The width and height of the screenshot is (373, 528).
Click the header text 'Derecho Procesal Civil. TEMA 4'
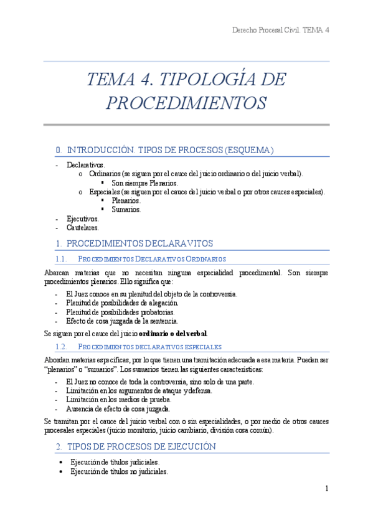coord(280,30)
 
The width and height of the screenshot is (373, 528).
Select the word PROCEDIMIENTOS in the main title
coord(186,103)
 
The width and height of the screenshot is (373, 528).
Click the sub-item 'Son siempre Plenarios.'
coord(144,183)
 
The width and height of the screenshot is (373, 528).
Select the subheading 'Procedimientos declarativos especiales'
coord(150,346)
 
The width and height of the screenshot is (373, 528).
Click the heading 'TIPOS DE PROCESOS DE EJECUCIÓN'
coord(141,446)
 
